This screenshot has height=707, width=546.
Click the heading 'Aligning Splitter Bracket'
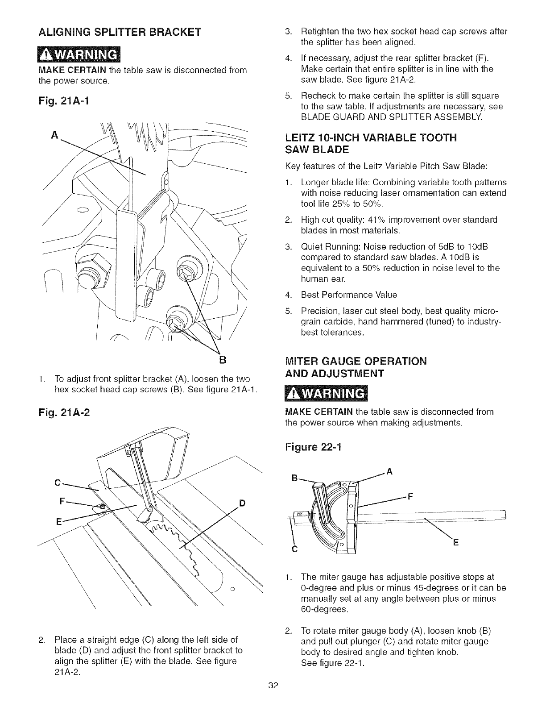120,32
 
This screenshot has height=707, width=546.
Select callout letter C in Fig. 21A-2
57,482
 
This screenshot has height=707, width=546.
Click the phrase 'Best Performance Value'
349,295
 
